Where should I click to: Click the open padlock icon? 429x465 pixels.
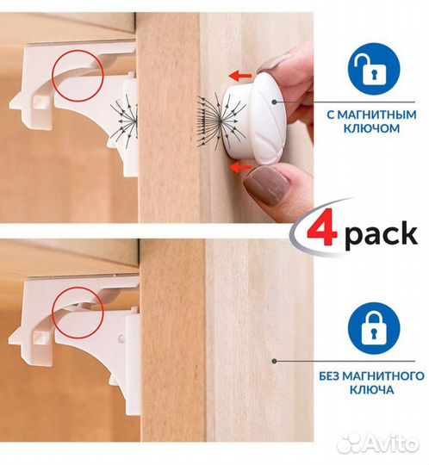[374, 69]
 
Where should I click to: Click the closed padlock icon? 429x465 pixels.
[374, 328]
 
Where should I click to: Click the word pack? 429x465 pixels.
[381, 234]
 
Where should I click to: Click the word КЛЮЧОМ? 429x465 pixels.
[371, 128]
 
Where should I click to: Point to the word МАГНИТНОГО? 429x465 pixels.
[385, 376]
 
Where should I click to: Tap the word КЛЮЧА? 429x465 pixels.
[372, 390]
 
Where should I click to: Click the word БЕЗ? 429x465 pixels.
[331, 376]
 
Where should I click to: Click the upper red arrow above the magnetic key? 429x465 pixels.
[240, 77]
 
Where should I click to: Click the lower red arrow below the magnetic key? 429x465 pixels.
[240, 169]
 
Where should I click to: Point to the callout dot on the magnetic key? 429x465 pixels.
[275, 102]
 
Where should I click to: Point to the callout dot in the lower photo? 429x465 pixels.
[275, 361]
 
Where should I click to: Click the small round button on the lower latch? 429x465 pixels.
[121, 338]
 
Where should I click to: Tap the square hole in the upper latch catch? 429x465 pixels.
[40, 102]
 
